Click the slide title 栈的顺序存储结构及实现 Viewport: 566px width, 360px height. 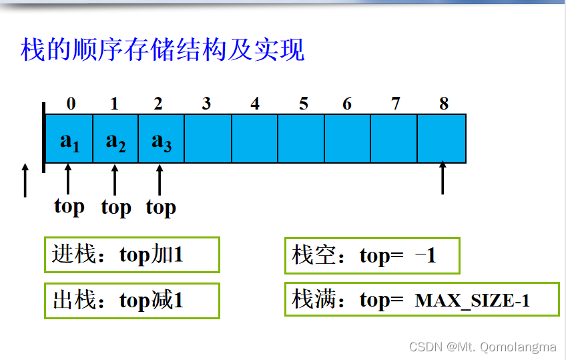tap(163, 50)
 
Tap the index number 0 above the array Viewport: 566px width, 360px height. tap(71, 104)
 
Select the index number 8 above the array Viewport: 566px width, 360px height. tap(444, 104)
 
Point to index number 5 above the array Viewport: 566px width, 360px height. tap(304, 104)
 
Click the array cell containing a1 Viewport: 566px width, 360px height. tap(69, 139)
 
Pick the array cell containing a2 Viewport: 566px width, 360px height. tap(115, 139)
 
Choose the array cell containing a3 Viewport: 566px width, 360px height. tap(161, 139)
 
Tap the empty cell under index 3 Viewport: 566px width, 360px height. tap(208, 139)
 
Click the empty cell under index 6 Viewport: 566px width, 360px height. tap(347, 139)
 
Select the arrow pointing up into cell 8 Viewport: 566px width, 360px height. tap(443, 176)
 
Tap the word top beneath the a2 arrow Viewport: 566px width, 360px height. tap(116, 208)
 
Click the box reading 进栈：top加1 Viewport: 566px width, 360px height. tap(131, 254)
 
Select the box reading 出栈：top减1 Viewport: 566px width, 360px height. tap(131, 300)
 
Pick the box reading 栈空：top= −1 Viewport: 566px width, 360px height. tap(372, 255)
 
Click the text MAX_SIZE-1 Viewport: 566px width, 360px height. tap(473, 301)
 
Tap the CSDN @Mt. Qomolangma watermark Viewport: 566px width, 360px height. tap(483, 347)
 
